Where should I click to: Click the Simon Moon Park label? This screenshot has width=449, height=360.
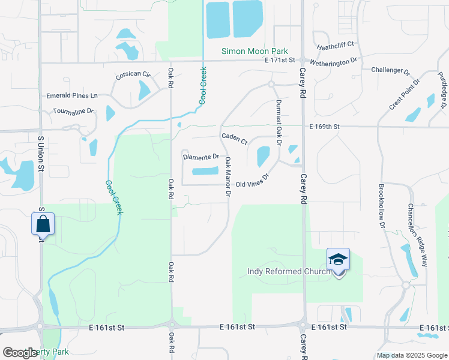pos(255,52)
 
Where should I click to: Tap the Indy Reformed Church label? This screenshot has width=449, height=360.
pos(289,272)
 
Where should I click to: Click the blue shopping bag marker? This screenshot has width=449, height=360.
pos(43,224)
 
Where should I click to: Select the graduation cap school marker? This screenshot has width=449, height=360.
pos(339,259)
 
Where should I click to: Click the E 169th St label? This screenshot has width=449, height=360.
pos(325,127)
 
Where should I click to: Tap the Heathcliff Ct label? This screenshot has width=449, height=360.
pos(336,45)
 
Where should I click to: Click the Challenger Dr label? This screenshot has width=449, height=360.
pos(391,70)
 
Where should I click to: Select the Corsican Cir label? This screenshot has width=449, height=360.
pos(133,74)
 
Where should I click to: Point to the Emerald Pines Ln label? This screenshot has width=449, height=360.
pos(72,96)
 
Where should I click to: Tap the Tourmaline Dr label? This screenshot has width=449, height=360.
pos(74,111)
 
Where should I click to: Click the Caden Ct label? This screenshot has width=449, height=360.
pos(235,139)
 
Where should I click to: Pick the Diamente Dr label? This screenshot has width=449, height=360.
pos(201,157)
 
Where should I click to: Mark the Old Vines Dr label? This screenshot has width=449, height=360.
pos(252,181)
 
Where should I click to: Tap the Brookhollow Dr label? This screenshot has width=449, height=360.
pos(381,205)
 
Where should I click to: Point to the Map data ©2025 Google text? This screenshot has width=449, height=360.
pos(411,355)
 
